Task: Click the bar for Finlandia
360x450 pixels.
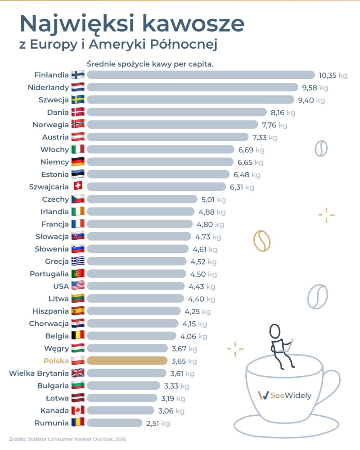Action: pyautogui.click(x=201, y=75)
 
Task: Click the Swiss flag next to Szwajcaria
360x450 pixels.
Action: pyautogui.click(x=78, y=186)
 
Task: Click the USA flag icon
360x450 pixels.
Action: pyautogui.click(x=78, y=286)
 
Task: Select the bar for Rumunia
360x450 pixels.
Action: pyautogui.click(x=115, y=423)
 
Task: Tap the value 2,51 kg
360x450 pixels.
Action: pyautogui.click(x=158, y=423)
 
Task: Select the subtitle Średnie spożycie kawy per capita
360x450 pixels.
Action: pyautogui.click(x=150, y=64)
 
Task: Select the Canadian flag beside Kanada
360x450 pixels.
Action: pyautogui.click(x=78, y=410)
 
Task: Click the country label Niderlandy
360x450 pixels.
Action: pyautogui.click(x=48, y=87)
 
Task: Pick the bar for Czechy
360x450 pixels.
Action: pyautogui.click(x=142, y=199)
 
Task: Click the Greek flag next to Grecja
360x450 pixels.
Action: pyautogui.click(x=78, y=261)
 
